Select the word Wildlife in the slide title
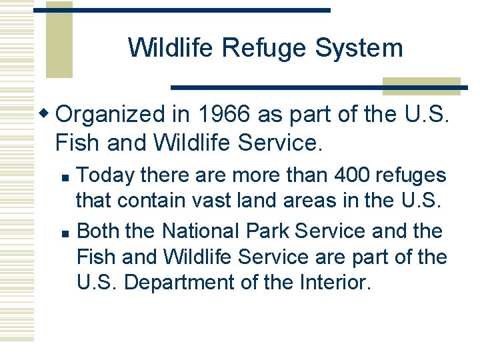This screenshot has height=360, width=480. [x=173, y=48]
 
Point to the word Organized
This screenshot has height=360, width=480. [x=111, y=115]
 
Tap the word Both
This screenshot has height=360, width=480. [x=99, y=231]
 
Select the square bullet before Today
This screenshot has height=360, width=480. [x=64, y=177]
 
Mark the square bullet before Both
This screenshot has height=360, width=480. [x=64, y=233]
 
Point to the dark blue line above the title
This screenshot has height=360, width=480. [x=182, y=10]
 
